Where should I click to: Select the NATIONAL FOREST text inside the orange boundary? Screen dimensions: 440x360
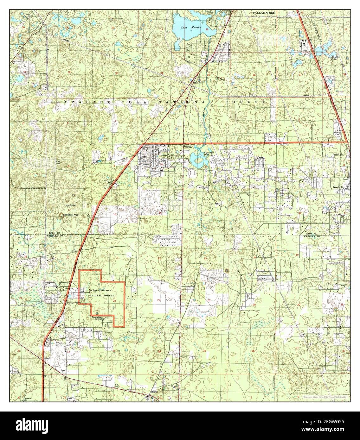(94, 295)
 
